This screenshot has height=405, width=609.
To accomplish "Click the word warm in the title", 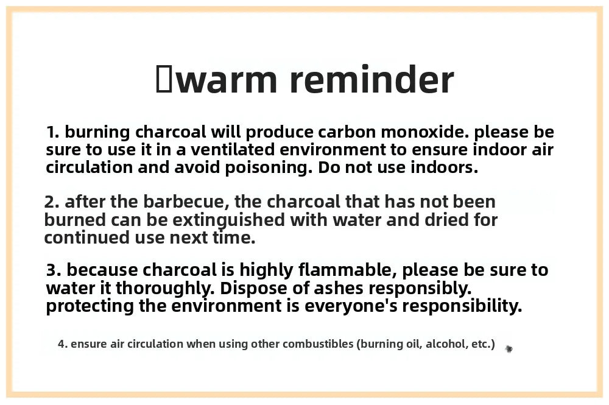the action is pos(229,80).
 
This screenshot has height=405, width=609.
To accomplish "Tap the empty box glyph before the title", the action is pos(163,79).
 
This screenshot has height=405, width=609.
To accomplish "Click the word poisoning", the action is pos(269,167).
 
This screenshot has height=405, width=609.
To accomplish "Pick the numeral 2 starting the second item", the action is pos(52,202).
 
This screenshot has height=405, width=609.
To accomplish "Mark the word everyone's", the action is pos(351,306).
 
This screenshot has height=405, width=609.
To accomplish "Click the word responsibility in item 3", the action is pos(462,306).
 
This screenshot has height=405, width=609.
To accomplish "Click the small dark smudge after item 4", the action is pos(509,349).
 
